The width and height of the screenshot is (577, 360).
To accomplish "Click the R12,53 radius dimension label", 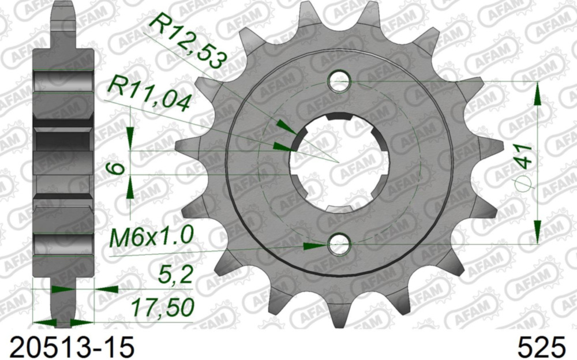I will coord(186,42).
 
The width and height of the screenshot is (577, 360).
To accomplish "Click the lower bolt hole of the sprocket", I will coord(339,246).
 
